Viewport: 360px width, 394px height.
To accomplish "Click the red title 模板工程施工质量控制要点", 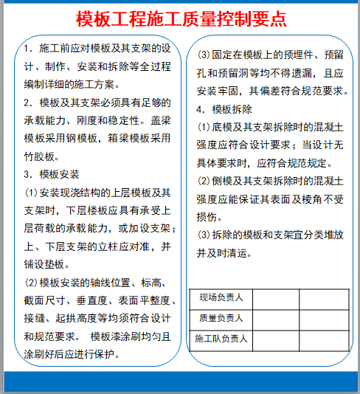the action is (x=181, y=18).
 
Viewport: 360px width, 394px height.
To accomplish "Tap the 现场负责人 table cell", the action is (x=221, y=298).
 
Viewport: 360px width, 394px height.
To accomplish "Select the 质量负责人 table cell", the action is (x=221, y=319).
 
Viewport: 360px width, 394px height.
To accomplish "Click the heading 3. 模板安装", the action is (x=51, y=175).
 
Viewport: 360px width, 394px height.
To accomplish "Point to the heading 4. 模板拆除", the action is (x=226, y=109).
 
